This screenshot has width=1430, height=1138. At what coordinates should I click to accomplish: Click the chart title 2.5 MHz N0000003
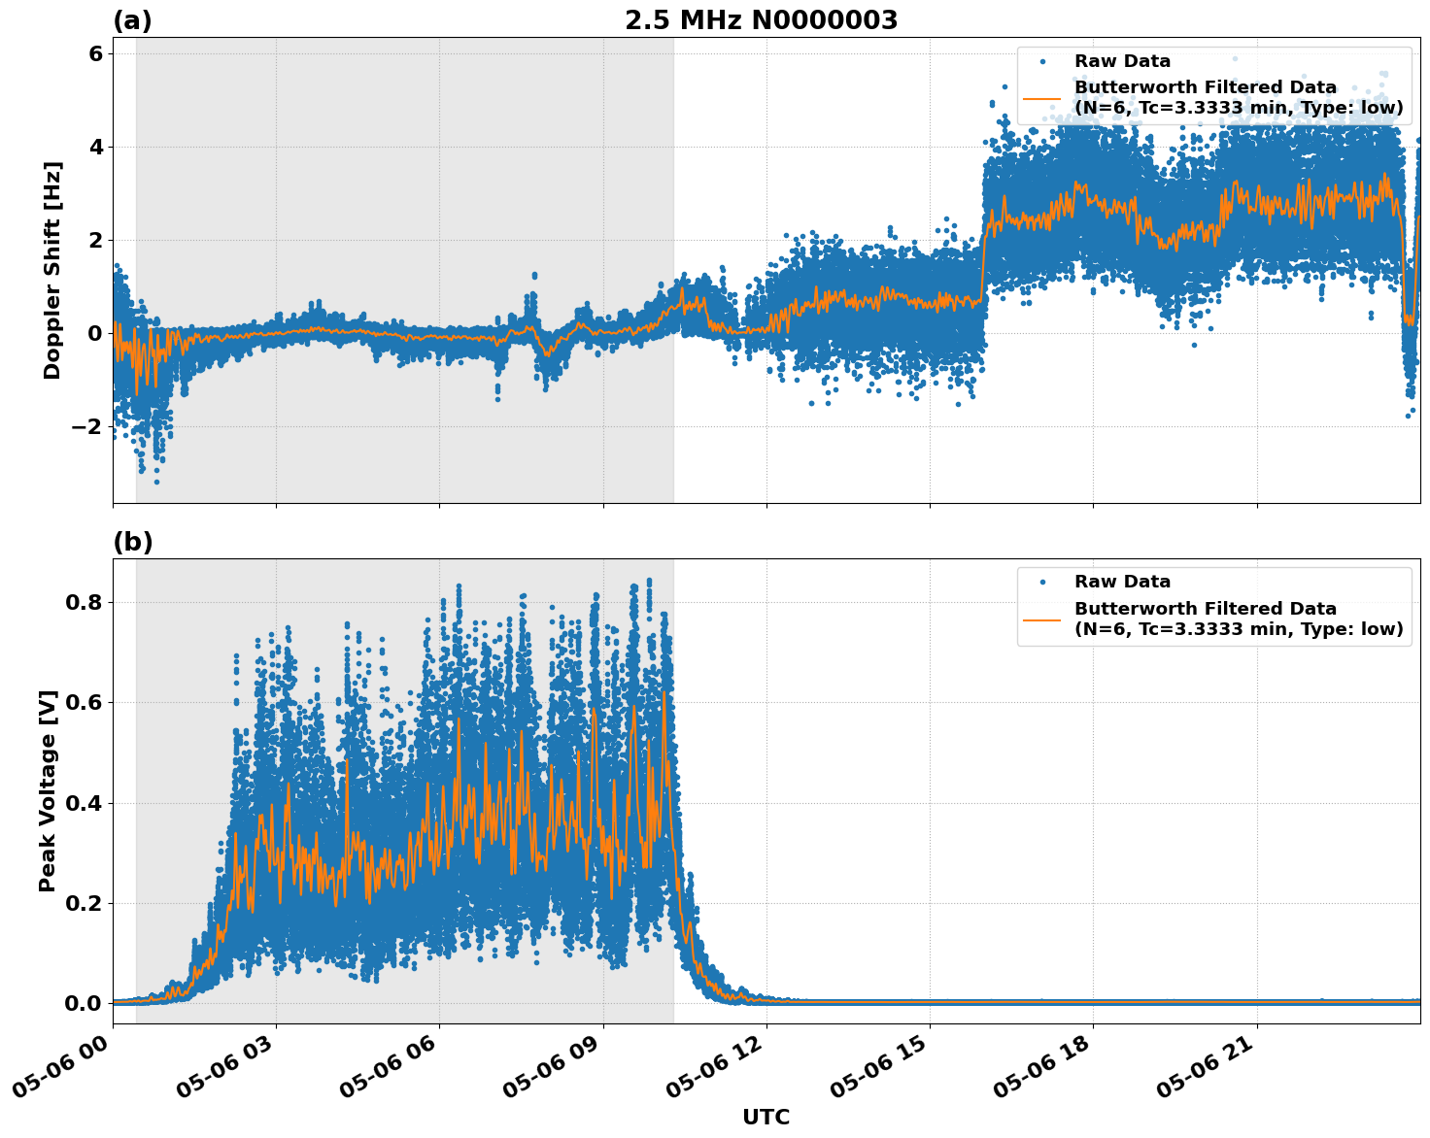click(x=761, y=20)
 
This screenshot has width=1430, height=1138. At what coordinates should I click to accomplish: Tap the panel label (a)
click(x=132, y=20)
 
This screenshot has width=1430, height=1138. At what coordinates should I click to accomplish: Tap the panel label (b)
click(x=132, y=542)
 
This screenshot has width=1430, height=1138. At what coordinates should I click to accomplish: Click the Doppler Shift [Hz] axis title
click(x=52, y=270)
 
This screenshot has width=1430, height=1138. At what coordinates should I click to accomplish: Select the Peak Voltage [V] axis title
click(x=48, y=790)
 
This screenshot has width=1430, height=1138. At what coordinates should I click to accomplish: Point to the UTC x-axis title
click(x=766, y=1117)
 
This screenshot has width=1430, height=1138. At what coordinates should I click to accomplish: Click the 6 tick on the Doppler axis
click(x=95, y=53)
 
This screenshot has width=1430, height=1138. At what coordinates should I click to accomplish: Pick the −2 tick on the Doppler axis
click(x=88, y=426)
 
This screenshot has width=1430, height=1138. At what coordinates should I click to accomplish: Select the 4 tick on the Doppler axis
click(x=95, y=147)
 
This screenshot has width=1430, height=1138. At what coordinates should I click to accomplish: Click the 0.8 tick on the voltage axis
click(x=84, y=602)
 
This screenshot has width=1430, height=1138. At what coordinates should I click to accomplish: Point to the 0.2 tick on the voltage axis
click(x=84, y=903)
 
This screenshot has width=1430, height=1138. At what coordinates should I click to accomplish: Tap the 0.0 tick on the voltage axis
click(x=84, y=1003)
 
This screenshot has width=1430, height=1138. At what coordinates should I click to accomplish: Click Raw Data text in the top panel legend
click(x=1122, y=61)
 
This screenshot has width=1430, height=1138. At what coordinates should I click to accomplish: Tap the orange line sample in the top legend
click(x=1042, y=98)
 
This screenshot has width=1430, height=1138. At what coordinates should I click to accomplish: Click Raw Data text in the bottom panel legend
click(x=1122, y=582)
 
